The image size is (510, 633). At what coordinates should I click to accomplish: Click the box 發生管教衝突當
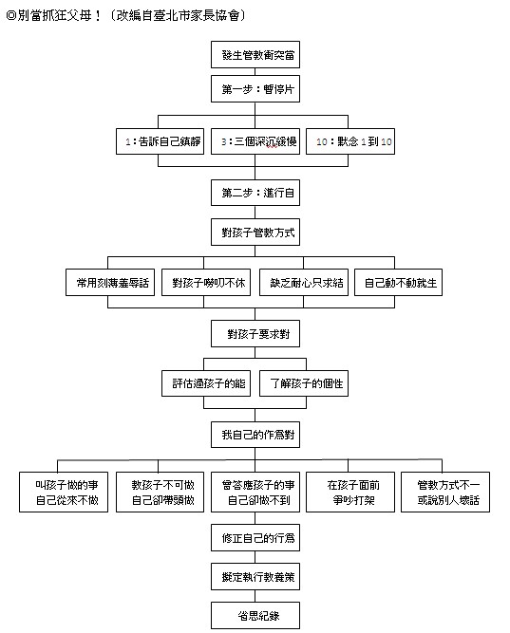coord(255,54)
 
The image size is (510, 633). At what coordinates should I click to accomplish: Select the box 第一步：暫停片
coord(255,89)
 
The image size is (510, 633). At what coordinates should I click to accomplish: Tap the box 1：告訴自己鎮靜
coord(161,141)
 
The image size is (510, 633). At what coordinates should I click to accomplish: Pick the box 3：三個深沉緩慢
coord(255,141)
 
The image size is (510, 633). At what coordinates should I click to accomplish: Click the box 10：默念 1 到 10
coord(350,141)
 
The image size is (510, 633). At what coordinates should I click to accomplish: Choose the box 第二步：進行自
coord(255,193)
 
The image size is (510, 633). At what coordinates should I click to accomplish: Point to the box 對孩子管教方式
coord(255,233)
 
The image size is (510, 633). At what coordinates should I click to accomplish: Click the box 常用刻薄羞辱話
coord(110,282)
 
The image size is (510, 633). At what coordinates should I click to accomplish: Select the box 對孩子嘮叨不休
coord(206,282)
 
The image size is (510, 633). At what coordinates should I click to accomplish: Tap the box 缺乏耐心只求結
coord(304,282)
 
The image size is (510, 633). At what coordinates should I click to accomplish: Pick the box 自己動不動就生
coord(398,282)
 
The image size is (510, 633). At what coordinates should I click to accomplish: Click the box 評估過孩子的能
coord(206,383)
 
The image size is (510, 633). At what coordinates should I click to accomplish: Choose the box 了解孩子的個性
coord(304,383)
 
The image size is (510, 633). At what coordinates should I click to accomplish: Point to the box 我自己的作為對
coord(255,435)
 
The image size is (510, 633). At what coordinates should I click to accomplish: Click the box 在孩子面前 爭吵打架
coord(350,493)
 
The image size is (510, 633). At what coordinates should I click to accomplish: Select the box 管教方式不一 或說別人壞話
coord(445,493)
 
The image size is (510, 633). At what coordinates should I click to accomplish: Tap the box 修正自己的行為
coord(255,538)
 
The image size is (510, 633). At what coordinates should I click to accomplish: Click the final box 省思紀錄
coord(255,615)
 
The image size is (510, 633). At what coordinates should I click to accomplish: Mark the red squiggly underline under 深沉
coord(272,147)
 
